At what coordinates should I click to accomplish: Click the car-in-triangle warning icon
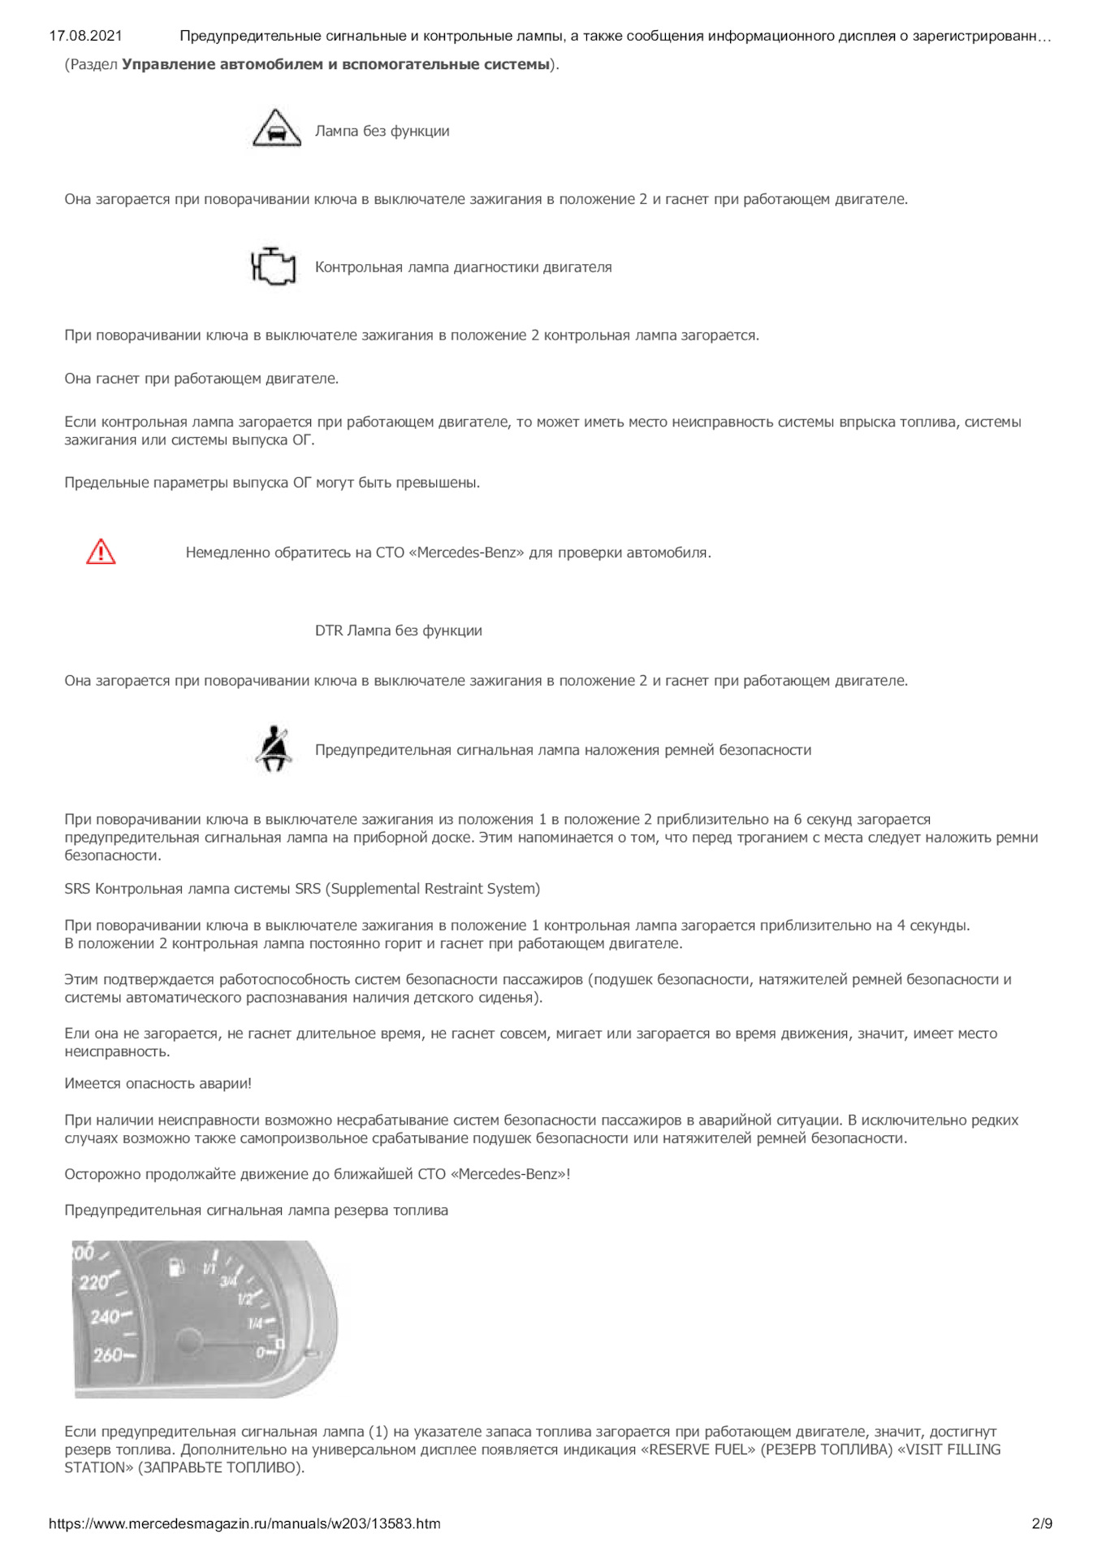pyautogui.click(x=276, y=128)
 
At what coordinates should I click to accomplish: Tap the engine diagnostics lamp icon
pyautogui.click(x=273, y=266)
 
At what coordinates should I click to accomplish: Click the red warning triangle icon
pyautogui.click(x=101, y=552)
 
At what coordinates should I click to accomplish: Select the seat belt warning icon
pyautogui.click(x=274, y=748)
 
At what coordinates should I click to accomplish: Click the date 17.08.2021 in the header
pyautogui.click(x=85, y=36)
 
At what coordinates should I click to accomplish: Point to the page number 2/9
pyautogui.click(x=1042, y=1523)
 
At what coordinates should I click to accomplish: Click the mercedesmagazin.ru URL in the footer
pyautogui.click(x=244, y=1523)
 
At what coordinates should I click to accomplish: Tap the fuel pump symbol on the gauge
pyautogui.click(x=176, y=1267)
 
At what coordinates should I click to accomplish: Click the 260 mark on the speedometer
pyautogui.click(x=109, y=1354)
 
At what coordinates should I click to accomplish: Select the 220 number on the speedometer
pyautogui.click(x=94, y=1282)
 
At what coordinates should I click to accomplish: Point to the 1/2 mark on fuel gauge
pyautogui.click(x=245, y=1298)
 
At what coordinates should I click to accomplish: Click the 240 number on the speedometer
pyautogui.click(x=105, y=1316)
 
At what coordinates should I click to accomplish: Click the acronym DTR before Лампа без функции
pyautogui.click(x=329, y=630)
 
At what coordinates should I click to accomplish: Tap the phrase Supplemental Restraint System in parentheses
pyautogui.click(x=433, y=889)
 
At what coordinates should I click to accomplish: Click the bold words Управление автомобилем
pyautogui.click(x=222, y=64)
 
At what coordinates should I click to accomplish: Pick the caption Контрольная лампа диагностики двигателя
pyautogui.click(x=463, y=267)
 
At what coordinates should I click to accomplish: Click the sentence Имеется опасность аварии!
pyautogui.click(x=158, y=1083)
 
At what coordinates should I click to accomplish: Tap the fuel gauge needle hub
pyautogui.click(x=188, y=1341)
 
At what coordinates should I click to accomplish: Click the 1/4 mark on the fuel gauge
pyautogui.click(x=255, y=1324)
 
